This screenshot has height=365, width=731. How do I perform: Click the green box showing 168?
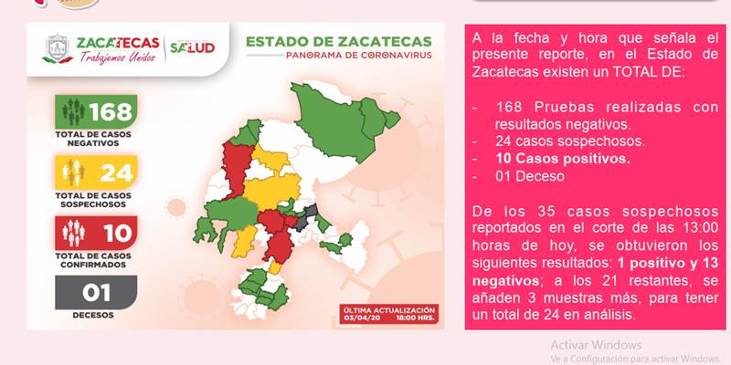(96, 111)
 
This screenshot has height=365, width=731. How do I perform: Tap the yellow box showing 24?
(96, 172)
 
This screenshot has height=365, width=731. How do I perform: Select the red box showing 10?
(96, 233)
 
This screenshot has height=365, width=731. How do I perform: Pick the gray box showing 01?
(96, 292)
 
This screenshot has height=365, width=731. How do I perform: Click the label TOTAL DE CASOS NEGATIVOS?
(93, 139)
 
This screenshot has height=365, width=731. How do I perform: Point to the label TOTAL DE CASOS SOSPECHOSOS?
(93, 200)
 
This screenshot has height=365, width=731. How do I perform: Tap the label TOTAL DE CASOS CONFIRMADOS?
(93, 260)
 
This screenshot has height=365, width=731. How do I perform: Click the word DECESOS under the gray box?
(93, 315)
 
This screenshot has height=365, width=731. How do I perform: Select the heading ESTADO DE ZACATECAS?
(339, 41)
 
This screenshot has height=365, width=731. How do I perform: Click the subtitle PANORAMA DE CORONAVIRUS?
(359, 56)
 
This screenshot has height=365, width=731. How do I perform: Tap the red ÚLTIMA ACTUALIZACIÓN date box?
(389, 314)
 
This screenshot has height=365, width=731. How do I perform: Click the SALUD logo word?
(192, 47)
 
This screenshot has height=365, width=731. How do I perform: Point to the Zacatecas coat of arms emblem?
(58, 48)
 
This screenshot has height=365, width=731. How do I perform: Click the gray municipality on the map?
(305, 217)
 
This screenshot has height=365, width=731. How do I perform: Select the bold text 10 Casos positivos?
(563, 159)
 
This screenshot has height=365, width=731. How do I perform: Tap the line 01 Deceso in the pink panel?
(530, 176)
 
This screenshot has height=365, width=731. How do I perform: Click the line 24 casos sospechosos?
(570, 141)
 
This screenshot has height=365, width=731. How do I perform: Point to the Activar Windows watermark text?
(596, 345)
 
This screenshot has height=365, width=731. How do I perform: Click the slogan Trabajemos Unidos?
(118, 57)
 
